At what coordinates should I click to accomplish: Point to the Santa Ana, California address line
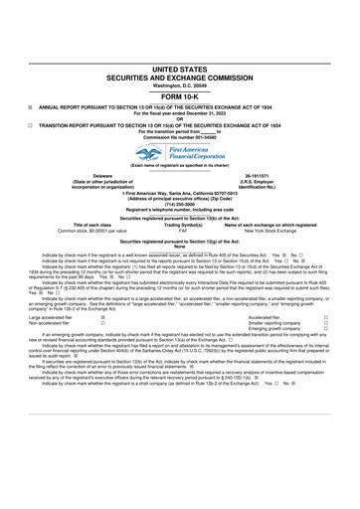pos(180,189)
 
